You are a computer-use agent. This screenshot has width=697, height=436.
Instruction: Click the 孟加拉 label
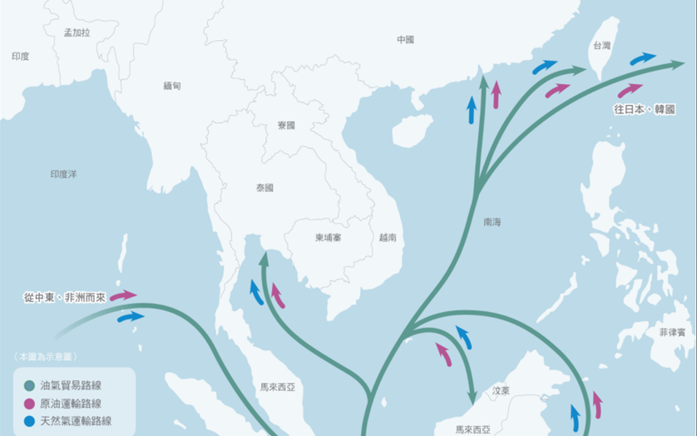(x=77, y=32)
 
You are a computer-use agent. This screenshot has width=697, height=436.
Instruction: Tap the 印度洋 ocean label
(x=63, y=174)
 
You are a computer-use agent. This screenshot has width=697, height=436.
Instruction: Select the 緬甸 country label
(x=172, y=86)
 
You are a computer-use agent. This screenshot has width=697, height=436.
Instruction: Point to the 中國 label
(x=405, y=39)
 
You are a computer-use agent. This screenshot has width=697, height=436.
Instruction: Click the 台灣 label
(x=601, y=47)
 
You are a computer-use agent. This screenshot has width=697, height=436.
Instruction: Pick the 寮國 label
(x=286, y=125)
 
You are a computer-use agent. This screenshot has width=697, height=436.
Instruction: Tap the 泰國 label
(x=264, y=188)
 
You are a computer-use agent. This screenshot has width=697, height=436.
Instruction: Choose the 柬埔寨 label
(x=329, y=237)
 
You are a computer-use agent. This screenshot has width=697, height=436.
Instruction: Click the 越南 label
(x=388, y=237)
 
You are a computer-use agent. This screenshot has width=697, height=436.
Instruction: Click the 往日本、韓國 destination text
(x=643, y=109)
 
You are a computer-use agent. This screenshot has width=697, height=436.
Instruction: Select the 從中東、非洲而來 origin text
(x=66, y=296)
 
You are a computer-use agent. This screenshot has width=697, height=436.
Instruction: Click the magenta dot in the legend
(x=30, y=404)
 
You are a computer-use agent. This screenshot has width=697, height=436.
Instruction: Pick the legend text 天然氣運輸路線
(x=76, y=421)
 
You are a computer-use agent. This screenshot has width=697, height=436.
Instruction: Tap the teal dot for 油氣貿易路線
(x=30, y=386)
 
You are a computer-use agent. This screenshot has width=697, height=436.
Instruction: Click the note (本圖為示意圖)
(x=46, y=356)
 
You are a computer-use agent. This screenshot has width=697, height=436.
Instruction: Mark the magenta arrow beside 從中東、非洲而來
(x=123, y=295)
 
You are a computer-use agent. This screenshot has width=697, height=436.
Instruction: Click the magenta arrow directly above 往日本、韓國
(x=630, y=89)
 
